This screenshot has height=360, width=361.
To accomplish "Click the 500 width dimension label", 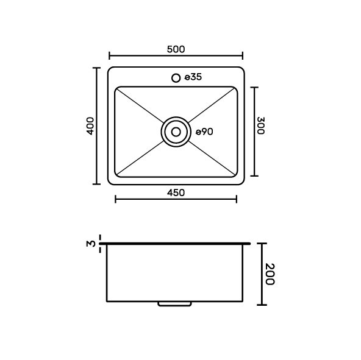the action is pyautogui.click(x=176, y=49).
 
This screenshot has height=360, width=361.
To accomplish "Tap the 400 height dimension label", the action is pyautogui.click(x=90, y=126).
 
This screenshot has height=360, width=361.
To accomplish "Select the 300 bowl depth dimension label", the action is pyautogui.click(x=260, y=125).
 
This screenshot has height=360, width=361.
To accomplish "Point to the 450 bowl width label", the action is pyautogui.click(x=176, y=192).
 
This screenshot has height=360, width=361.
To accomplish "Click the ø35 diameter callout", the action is pyautogui.click(x=193, y=77).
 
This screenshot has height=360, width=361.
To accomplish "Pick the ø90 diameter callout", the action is pyautogui.click(x=204, y=132).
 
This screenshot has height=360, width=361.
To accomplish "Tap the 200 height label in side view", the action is pyautogui.click(x=270, y=274).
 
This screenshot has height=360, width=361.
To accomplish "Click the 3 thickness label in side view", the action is pyautogui.click(x=91, y=244).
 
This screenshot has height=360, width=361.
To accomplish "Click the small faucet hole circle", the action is pyautogui.click(x=176, y=78).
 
